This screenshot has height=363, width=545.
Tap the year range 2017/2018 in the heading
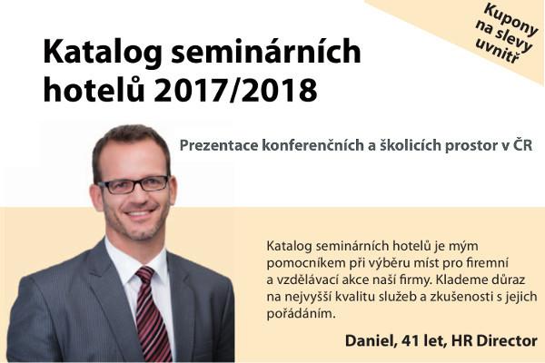pyautogui.click(x=235, y=90)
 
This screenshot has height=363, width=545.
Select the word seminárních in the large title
pyautogui.click(x=266, y=51)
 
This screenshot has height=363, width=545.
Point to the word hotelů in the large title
pyautogui.click(x=94, y=89)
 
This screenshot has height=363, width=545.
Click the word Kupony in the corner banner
pyautogui.click(x=510, y=19)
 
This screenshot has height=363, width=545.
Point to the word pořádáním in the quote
pyautogui.click(x=302, y=314)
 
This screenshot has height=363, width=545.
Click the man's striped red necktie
pyautogui.click(x=152, y=312)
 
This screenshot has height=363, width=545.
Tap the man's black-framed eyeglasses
pyautogui.click(x=134, y=184)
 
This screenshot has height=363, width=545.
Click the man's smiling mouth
pyautogui.click(x=139, y=212)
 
